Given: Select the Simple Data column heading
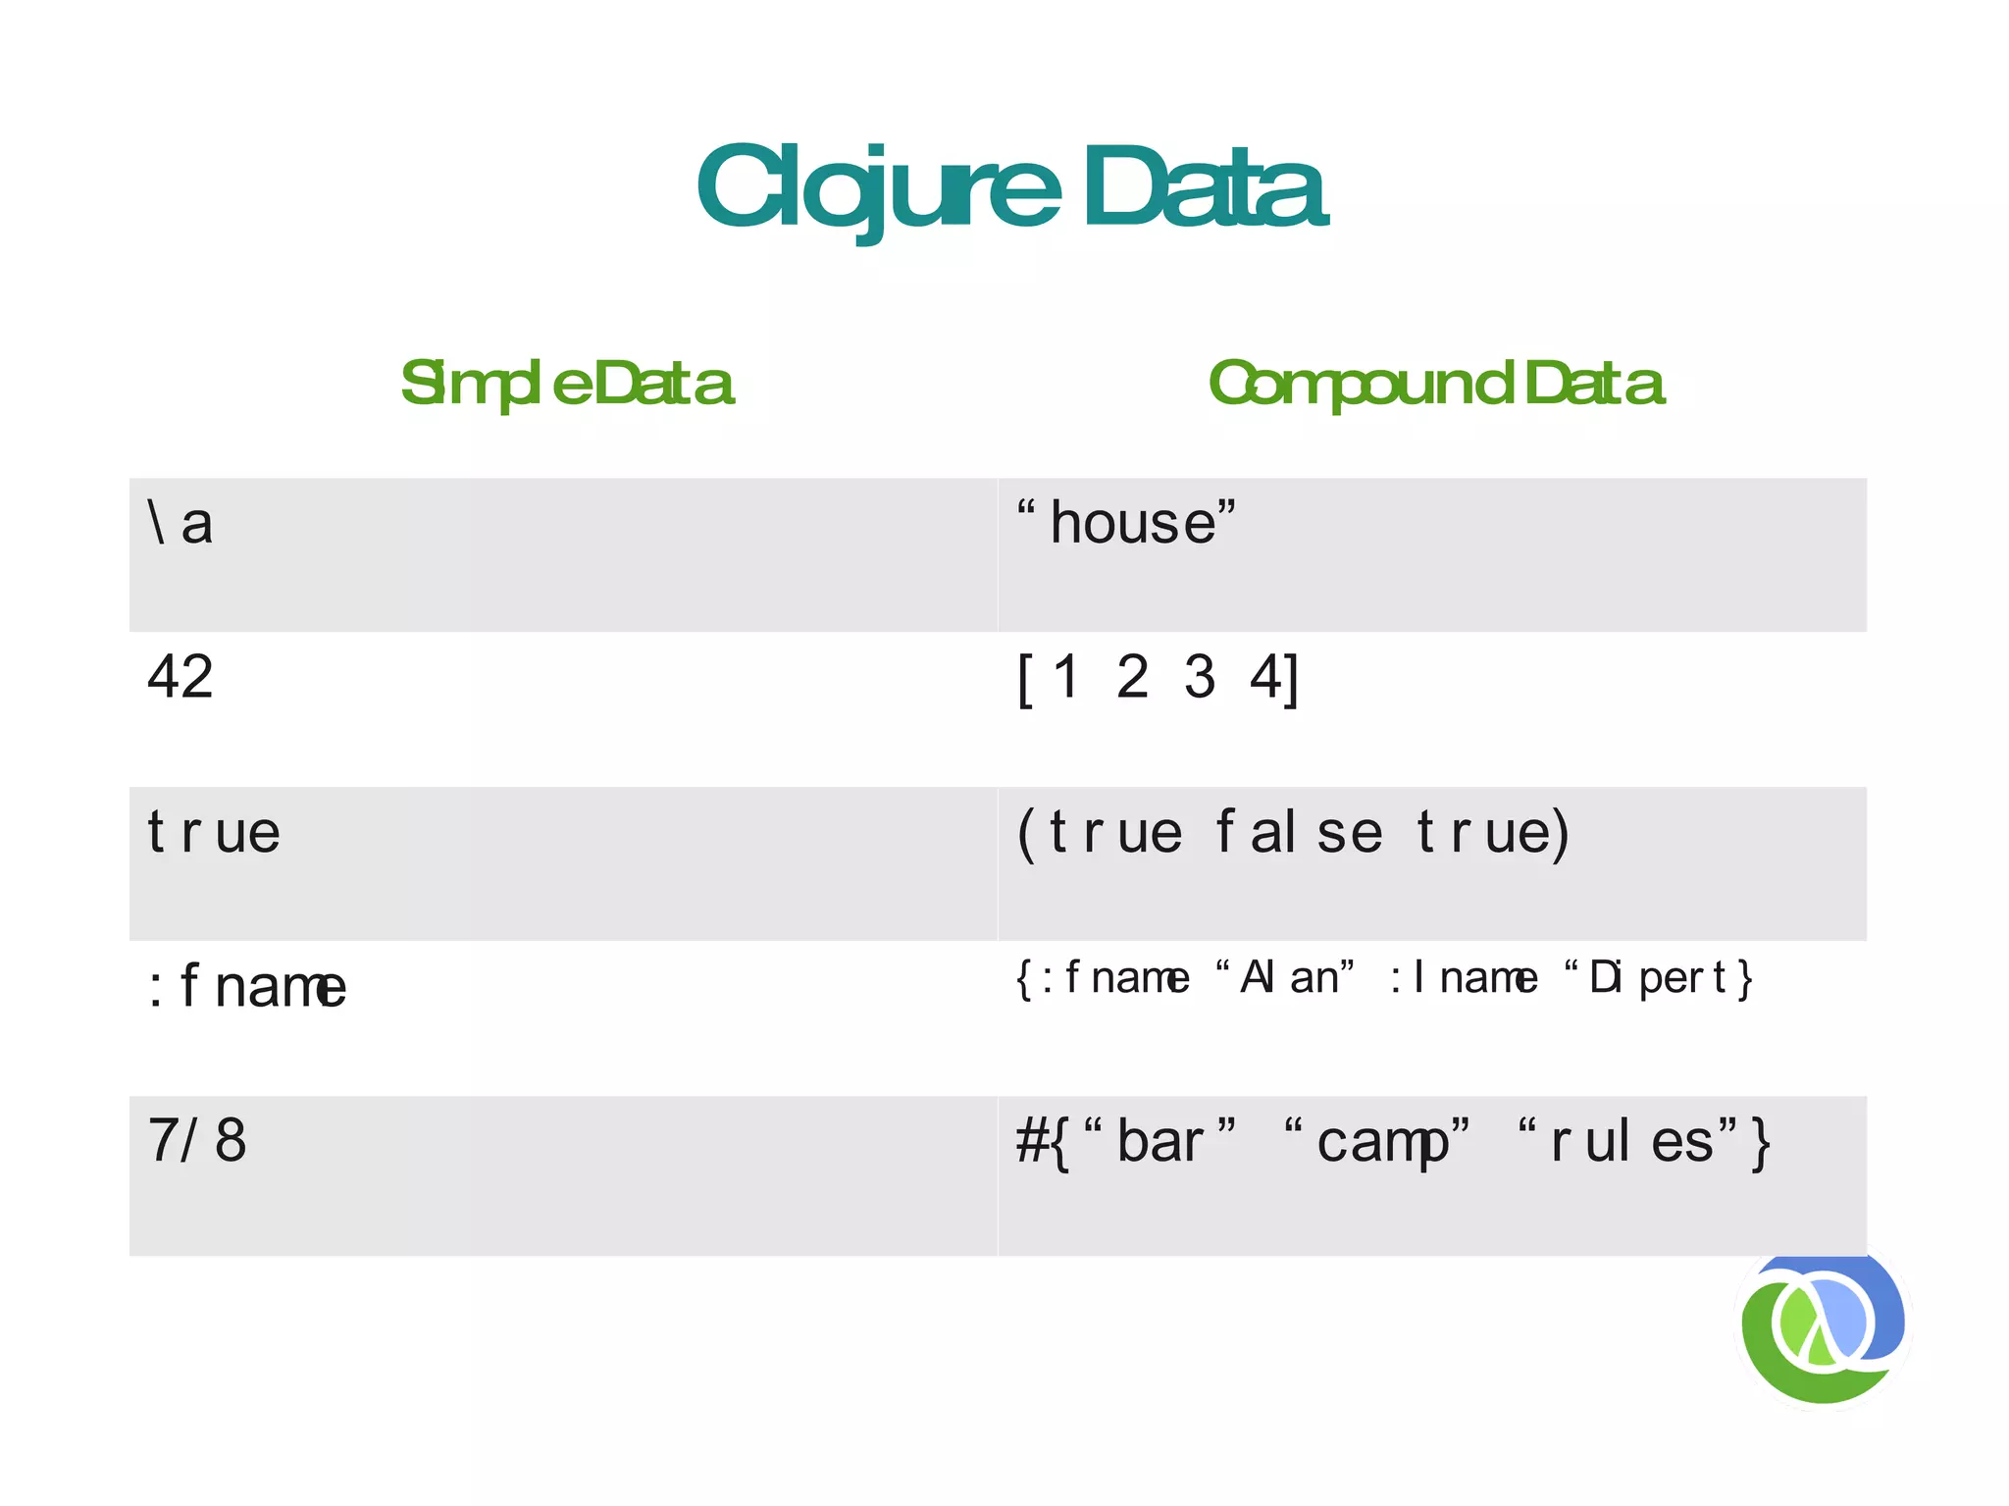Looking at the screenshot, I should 566,384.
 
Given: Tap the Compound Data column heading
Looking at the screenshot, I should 1435,384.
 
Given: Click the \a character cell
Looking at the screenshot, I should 180,523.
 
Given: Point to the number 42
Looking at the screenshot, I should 180,677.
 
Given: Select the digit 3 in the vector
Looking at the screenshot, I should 1199,677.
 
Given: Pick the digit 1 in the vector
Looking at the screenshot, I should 1065,677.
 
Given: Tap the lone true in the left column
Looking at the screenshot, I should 214,832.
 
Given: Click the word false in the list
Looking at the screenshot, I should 1299,832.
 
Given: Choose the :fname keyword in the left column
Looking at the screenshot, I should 246,986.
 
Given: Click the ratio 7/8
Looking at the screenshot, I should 196,1140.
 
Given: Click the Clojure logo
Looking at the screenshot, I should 1823,1326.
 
